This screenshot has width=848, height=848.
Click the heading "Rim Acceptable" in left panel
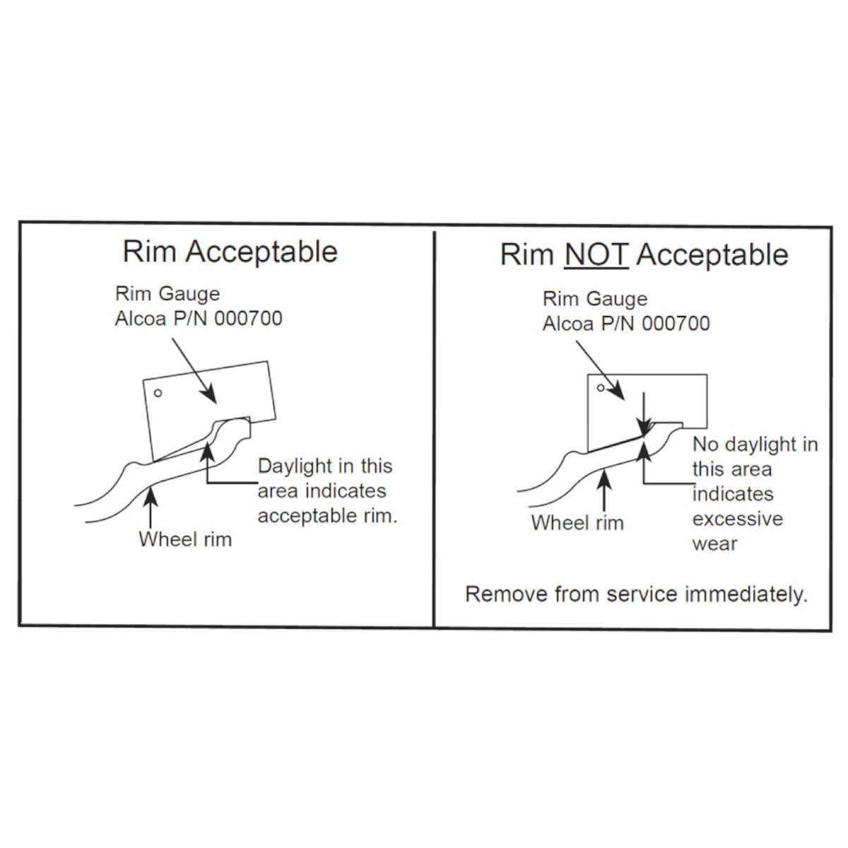tap(230, 252)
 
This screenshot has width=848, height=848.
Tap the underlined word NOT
tap(596, 255)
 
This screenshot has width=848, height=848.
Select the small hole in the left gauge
tap(158, 393)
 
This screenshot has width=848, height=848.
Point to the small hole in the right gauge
tap(601, 387)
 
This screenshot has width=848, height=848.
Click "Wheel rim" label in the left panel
tap(185, 540)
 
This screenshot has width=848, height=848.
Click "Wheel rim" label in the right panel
tap(577, 524)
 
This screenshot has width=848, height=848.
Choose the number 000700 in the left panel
tap(248, 319)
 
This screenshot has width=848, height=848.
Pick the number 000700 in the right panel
tap(676, 324)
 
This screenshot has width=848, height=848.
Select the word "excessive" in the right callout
tap(737, 519)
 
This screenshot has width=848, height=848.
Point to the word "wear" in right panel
tap(714, 544)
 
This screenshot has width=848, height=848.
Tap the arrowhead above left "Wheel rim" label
tap(151, 492)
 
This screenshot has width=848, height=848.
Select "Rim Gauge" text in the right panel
tap(595, 299)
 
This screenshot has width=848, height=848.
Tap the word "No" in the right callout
tap(706, 445)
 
